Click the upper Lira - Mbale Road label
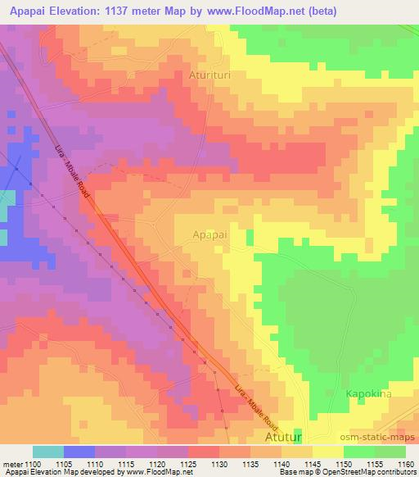click(x=74, y=170)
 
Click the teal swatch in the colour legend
click(x=48, y=452)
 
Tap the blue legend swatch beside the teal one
click(x=79, y=452)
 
